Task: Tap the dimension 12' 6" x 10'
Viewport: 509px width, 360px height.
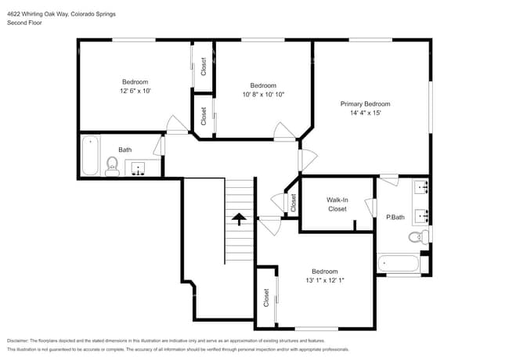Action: pyautogui.click(x=135, y=91)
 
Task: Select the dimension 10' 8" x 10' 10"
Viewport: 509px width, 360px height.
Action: pyautogui.click(x=263, y=95)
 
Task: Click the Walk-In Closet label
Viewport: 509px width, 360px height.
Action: pyautogui.click(x=337, y=204)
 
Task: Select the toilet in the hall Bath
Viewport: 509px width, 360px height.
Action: pyautogui.click(x=112, y=166)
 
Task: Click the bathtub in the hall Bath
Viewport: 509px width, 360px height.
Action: pyautogui.click(x=89, y=155)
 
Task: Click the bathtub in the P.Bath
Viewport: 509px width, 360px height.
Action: pyautogui.click(x=400, y=264)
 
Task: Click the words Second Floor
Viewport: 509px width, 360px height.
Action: pyautogui.click(x=24, y=23)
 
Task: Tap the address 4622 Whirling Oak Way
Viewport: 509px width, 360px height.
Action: pyautogui.click(x=38, y=13)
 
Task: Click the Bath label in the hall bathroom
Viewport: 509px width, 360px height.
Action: pyautogui.click(x=125, y=149)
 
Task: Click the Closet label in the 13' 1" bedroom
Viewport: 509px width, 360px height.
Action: pyautogui.click(x=266, y=297)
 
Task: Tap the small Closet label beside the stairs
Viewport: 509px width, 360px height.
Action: pyautogui.click(x=293, y=203)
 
